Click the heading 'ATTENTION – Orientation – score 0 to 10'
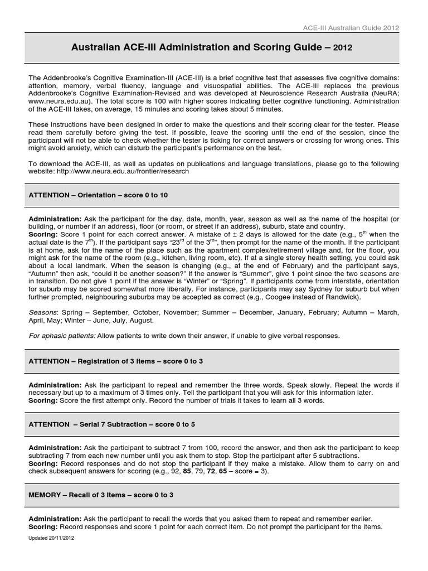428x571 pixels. tap(98, 196)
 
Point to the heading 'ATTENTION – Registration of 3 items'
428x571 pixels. tap(115, 361)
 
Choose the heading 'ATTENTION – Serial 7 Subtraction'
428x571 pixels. tap(111, 424)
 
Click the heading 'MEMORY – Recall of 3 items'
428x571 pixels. tap(101, 495)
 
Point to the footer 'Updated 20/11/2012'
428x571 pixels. tap(51, 538)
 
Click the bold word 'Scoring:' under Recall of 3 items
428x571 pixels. tap(43, 526)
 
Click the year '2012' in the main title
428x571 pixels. tap(343, 49)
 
